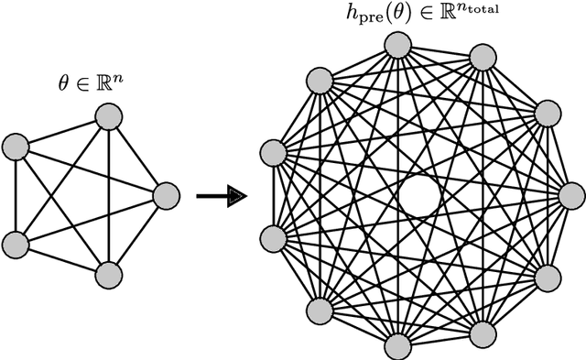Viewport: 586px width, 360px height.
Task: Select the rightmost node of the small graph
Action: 166,195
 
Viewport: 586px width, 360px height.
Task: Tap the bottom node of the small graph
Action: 108,274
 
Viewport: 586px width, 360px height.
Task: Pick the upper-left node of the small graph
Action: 16,146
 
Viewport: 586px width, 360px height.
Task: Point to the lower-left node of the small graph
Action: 16,244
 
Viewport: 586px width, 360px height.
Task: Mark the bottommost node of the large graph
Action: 396,345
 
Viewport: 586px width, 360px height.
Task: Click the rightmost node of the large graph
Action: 571,195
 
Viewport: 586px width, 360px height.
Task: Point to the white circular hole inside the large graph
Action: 419,195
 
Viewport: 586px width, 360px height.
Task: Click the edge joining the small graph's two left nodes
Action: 16,195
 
